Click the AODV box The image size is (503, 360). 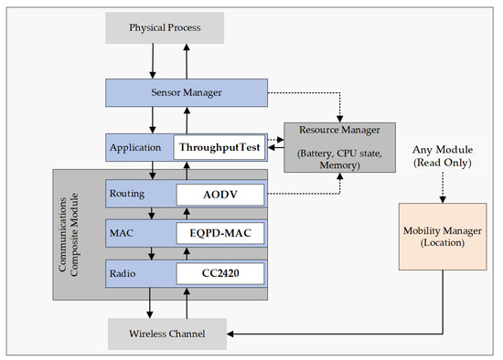[219, 196]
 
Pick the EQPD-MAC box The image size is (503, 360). [219, 234]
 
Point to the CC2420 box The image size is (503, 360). [219, 272]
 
